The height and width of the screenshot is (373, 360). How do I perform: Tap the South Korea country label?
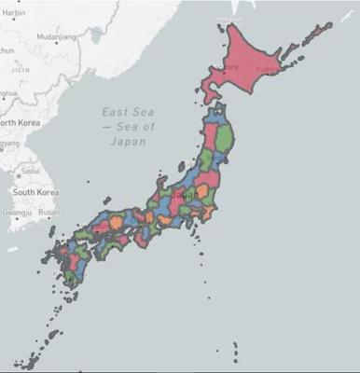click(x=35, y=192)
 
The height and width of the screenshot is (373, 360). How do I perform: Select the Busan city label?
click(x=48, y=212)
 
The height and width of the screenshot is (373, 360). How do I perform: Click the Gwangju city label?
click(x=16, y=212)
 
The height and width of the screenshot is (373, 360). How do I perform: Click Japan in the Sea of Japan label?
click(x=128, y=142)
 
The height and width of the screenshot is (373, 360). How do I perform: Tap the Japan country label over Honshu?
click(x=190, y=194)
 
